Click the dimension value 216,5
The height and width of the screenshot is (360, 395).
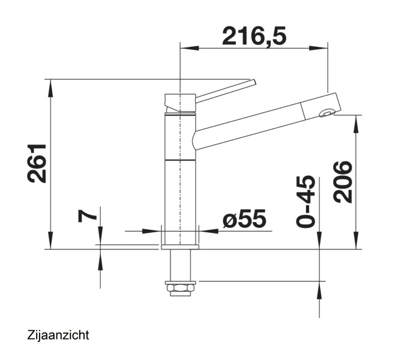tap(254, 36)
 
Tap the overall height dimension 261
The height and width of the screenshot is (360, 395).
tap(37, 163)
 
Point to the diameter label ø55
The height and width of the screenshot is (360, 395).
tap(244, 218)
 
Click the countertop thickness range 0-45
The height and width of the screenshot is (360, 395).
tap(306, 201)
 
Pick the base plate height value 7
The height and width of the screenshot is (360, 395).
tap(87, 216)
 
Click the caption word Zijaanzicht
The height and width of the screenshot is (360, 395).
tap(58, 335)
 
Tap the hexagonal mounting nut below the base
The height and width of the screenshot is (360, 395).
tap(181, 287)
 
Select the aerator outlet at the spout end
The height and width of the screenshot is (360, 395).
tap(327, 113)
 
